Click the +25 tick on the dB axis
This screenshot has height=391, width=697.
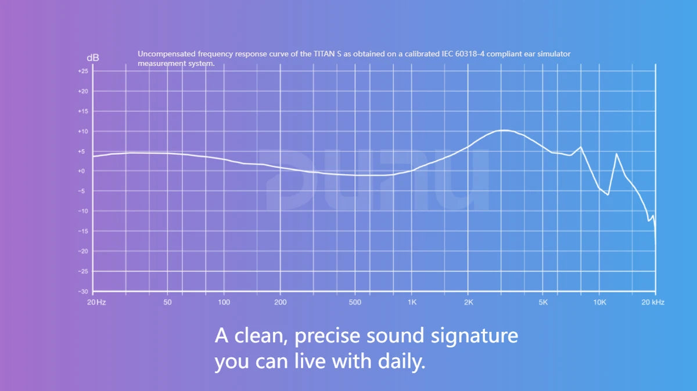[x=83, y=71]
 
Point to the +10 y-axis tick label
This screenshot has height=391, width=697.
[x=83, y=132]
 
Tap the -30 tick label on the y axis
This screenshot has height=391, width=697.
[x=83, y=292]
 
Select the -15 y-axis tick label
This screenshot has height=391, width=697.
[x=83, y=231]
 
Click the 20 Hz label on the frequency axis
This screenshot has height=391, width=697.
[x=96, y=302]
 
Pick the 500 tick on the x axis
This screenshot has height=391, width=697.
[x=355, y=302]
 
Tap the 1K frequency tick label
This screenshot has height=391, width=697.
[x=412, y=302]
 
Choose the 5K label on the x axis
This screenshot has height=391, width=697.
[x=543, y=302]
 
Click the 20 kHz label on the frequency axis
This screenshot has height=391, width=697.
[x=653, y=302]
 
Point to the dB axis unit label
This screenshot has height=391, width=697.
[x=93, y=58]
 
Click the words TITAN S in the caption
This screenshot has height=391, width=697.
[x=328, y=54]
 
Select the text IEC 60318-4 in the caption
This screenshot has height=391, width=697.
[x=464, y=54]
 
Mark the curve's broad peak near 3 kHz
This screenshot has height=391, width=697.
[x=504, y=130]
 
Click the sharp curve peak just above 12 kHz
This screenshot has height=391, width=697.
[x=616, y=154]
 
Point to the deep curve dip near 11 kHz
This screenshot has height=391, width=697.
[x=608, y=195]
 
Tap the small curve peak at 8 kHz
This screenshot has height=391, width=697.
[x=581, y=147]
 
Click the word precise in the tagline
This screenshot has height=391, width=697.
[x=328, y=336]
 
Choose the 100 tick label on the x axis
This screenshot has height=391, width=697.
[x=224, y=302]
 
